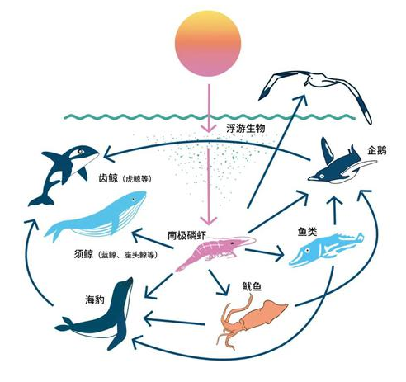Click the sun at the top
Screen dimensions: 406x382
click(x=208, y=43)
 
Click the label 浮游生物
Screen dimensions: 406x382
click(x=246, y=129)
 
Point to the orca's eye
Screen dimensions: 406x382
click(x=80, y=151)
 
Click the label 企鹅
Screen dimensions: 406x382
click(x=376, y=150)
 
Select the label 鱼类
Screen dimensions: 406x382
click(x=308, y=232)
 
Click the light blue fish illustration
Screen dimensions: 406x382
click(x=326, y=250)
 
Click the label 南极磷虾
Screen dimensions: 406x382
click(x=186, y=235)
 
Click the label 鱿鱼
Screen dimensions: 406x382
click(x=252, y=286)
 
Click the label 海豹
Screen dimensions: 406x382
click(x=95, y=299)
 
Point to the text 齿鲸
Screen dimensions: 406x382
click(x=108, y=178)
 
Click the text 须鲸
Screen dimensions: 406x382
click(x=83, y=254)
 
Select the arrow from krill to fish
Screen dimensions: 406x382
click(x=264, y=253)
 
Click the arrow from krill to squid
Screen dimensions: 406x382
click(x=219, y=282)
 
